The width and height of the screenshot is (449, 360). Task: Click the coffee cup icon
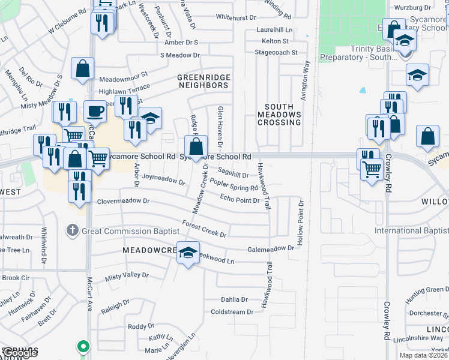[95, 111]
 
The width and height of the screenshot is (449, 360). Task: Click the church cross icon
[71, 230]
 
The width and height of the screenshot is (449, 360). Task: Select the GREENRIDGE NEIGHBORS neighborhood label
[203, 81]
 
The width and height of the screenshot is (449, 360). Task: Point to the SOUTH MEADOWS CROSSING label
[279, 114]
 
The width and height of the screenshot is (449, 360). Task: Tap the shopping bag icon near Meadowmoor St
[82, 68]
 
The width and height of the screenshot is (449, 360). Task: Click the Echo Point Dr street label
[240, 199]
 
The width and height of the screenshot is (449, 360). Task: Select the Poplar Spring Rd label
[234, 185]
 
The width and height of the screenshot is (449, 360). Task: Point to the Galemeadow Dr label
[271, 248]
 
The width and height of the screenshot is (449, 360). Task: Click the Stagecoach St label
[276, 53]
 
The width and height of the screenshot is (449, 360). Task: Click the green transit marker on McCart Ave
[83, 347]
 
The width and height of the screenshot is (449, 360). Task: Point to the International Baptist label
[411, 231]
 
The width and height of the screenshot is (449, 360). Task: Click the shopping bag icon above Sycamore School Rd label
[196, 145]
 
